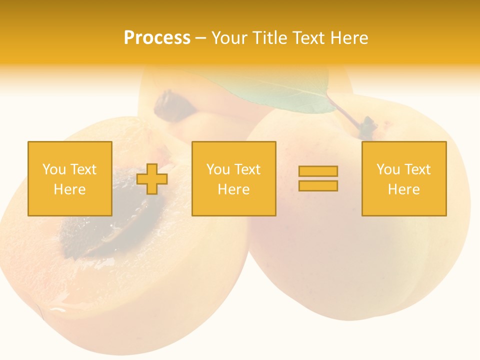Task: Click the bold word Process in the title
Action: click(x=157, y=38)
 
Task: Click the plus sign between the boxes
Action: click(x=152, y=178)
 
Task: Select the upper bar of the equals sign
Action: click(x=318, y=171)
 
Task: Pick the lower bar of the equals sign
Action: click(x=318, y=185)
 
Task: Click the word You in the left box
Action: click(x=53, y=169)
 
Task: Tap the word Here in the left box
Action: click(x=69, y=189)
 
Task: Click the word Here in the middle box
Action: click(x=233, y=189)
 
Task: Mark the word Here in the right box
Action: click(x=403, y=189)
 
